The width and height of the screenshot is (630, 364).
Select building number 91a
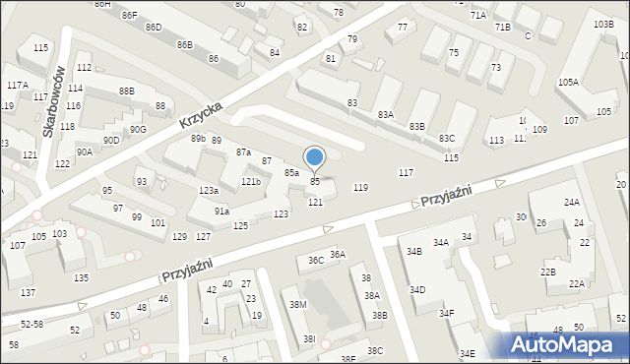(x=222, y=211)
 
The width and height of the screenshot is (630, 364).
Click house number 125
(x=240, y=226)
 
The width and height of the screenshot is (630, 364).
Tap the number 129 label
(x=179, y=237)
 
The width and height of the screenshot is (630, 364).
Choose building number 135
(x=81, y=277)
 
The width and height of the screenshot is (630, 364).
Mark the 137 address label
(x=29, y=292)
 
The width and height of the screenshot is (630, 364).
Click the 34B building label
(x=413, y=252)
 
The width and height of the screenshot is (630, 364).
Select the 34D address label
(x=417, y=289)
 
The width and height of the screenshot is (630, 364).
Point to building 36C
(x=316, y=261)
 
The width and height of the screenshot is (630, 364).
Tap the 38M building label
(x=297, y=305)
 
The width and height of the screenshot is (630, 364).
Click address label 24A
(x=572, y=202)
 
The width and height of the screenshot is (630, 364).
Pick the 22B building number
(x=547, y=272)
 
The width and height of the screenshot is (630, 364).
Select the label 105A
(x=568, y=82)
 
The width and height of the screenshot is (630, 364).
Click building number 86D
(x=154, y=27)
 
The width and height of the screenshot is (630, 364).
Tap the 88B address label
(x=126, y=91)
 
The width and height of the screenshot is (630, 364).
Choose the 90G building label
(x=139, y=129)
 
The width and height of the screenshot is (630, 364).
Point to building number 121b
(x=251, y=182)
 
